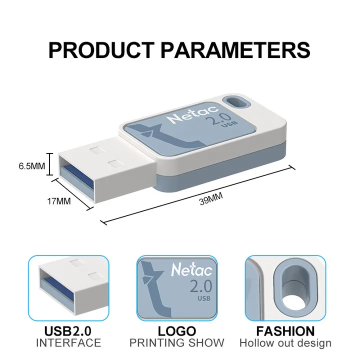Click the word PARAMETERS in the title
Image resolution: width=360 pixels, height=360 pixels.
pyautogui.click(x=235, y=50)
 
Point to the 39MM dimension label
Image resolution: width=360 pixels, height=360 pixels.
pyautogui.click(x=210, y=200)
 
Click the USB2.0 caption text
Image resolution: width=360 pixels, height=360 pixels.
pyautogui.click(x=68, y=331)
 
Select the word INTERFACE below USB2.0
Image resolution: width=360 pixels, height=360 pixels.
pyautogui.click(x=68, y=343)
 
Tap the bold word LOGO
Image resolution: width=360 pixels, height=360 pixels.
pyautogui.click(x=177, y=331)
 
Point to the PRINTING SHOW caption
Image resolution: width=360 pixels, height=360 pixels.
pyautogui.click(x=177, y=343)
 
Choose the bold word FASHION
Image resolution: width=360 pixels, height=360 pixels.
pyautogui.click(x=285, y=331)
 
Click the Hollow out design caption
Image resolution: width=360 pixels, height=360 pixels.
pyautogui.click(x=285, y=343)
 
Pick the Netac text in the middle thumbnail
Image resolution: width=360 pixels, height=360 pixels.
pyautogui.click(x=186, y=270)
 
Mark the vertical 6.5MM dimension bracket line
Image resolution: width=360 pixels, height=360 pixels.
pyautogui.click(x=50, y=164)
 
